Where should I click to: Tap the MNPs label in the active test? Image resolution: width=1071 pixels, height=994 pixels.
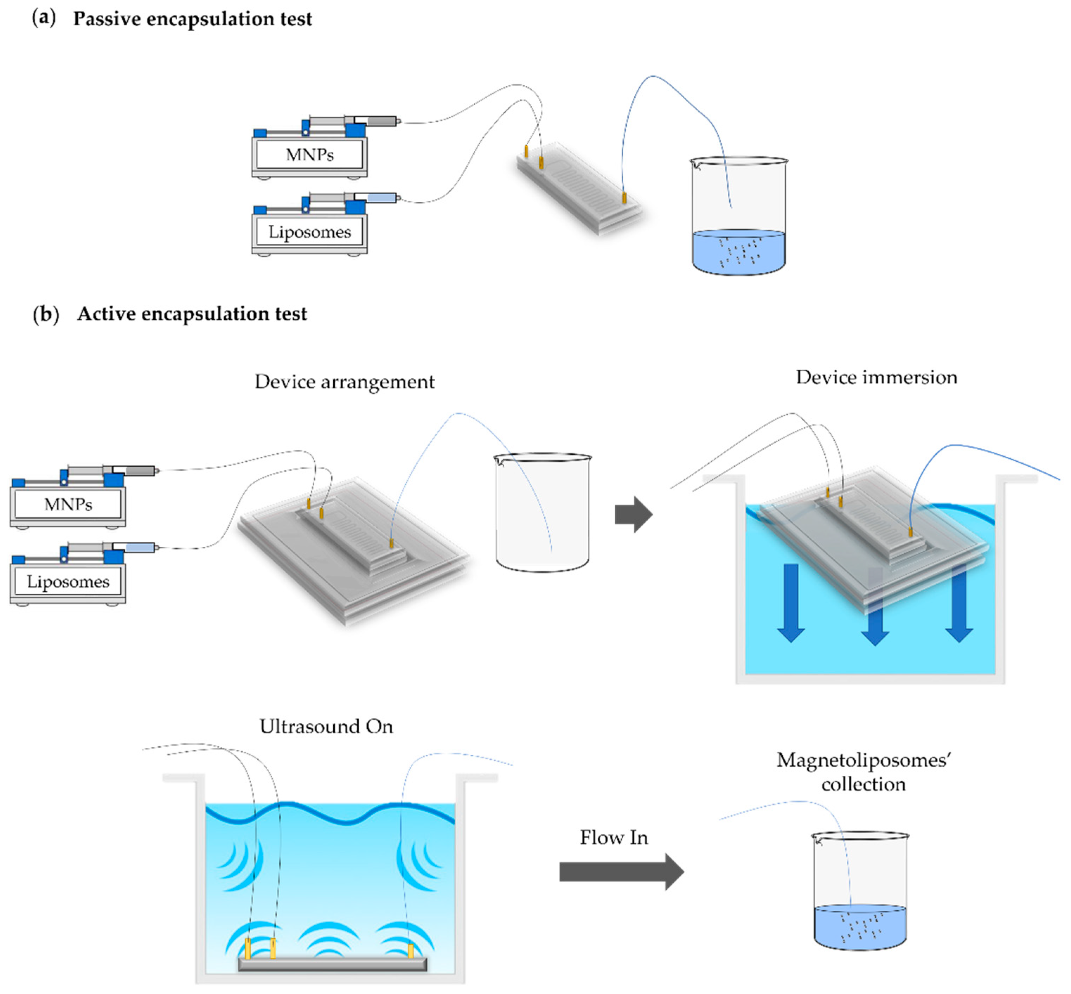[68, 505]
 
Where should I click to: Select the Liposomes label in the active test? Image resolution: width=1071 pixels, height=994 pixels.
[68, 582]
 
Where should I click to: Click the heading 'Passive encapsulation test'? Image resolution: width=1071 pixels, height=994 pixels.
[192, 19]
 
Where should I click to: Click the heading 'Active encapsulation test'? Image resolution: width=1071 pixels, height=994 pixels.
[192, 313]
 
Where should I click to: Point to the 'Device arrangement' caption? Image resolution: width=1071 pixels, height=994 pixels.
[345, 382]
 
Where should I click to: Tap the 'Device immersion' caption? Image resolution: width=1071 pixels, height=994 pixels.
[876, 378]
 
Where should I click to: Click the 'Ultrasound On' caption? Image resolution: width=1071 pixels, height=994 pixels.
[326, 727]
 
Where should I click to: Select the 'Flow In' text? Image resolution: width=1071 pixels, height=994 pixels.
[614, 838]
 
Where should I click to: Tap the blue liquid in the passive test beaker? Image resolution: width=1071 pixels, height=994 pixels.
[738, 253]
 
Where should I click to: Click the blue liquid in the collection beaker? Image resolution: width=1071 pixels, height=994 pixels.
[859, 928]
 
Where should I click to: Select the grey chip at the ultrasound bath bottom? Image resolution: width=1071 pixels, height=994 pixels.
[333, 964]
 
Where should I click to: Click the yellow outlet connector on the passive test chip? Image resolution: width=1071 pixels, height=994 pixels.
[624, 198]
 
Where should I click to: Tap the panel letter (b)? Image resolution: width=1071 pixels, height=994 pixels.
[46, 313]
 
